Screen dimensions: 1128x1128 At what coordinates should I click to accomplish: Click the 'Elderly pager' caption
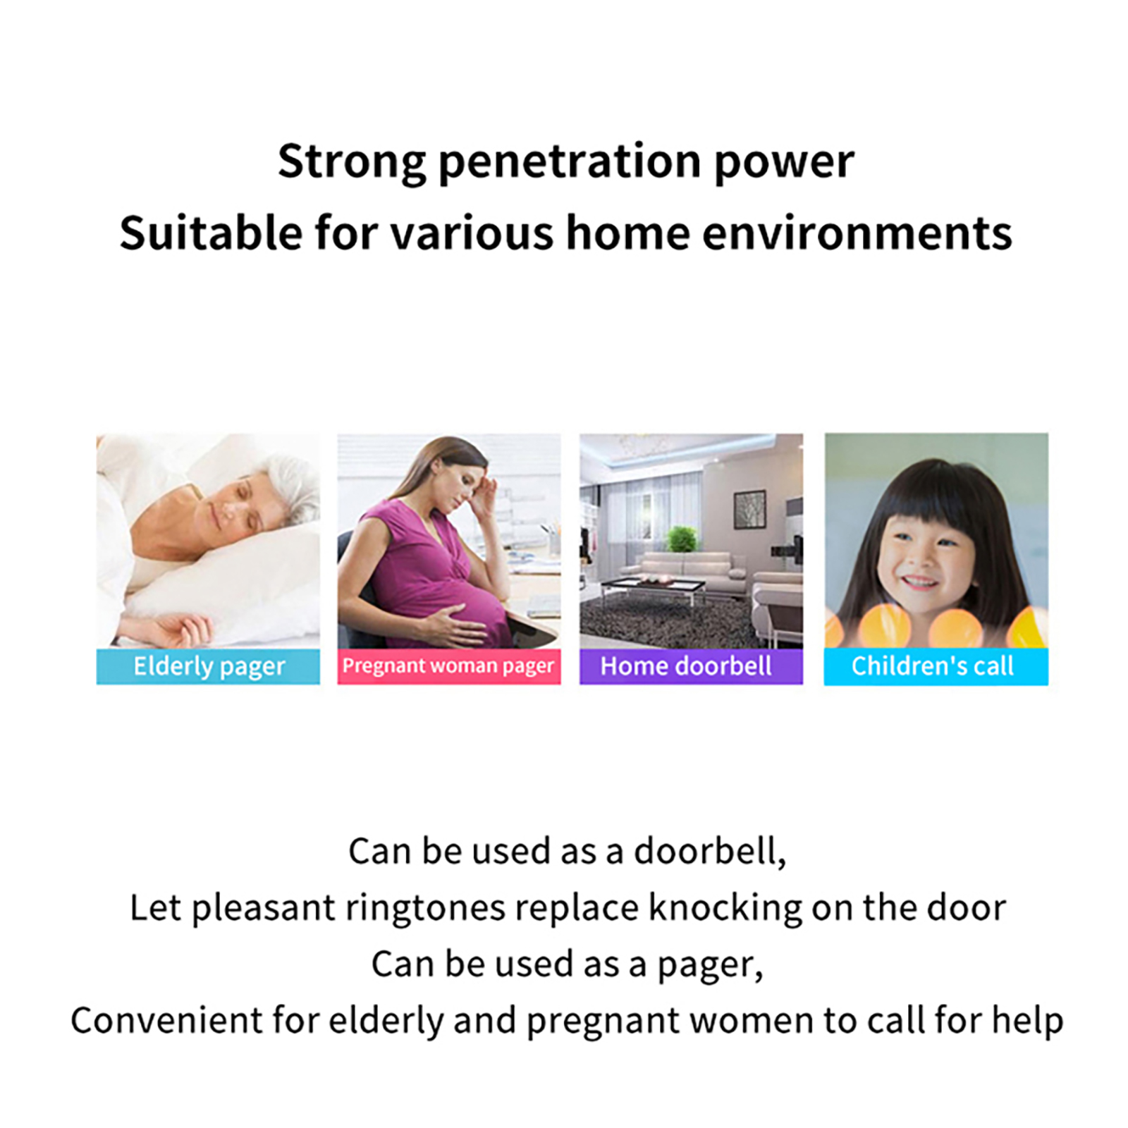coord(209,667)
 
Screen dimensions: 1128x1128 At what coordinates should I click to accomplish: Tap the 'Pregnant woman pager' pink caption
coord(448,666)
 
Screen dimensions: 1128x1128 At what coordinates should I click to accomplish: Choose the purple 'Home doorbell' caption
coord(686,666)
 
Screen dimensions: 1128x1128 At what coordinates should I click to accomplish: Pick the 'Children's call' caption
coord(932,666)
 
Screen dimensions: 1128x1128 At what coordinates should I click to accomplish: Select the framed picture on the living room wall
coord(750,509)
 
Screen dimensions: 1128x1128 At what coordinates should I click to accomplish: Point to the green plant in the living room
coord(681,539)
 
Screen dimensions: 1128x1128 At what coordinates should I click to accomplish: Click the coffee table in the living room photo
coord(652,589)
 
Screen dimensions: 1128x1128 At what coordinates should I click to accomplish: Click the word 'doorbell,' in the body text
coord(710,852)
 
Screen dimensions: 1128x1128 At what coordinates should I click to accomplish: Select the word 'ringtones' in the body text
coord(425,909)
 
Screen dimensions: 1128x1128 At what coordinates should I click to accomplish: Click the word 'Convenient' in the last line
coord(166,1021)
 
